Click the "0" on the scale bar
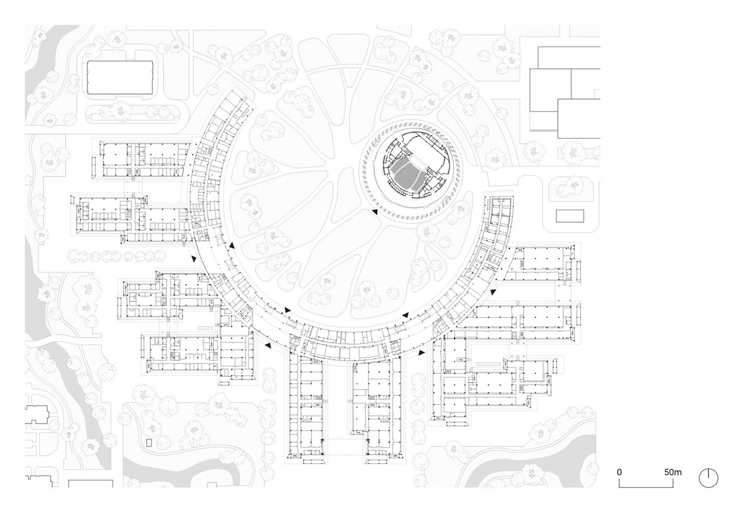pyautogui.click(x=619, y=472)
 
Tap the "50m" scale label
pyautogui.click(x=672, y=472)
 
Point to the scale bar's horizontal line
pyautogui.click(x=646, y=487)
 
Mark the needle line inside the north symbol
pyautogui.click(x=708, y=474)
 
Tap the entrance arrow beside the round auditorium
pyautogui.click(x=375, y=212)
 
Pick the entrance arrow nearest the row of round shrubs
pyautogui.click(x=193, y=258)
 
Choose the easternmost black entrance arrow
pyautogui.click(x=493, y=292)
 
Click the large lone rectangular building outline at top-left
pyautogui.click(x=119, y=77)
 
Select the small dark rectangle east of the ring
pyautogui.click(x=570, y=216)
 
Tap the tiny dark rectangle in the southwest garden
pyautogui.click(x=149, y=443)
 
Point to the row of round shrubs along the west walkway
pyautogui.click(x=116, y=256)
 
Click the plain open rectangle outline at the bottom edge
pyautogui.click(x=90, y=484)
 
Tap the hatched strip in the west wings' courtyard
pyautogui.click(x=205, y=328)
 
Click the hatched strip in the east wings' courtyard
pyautogui.click(x=489, y=364)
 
